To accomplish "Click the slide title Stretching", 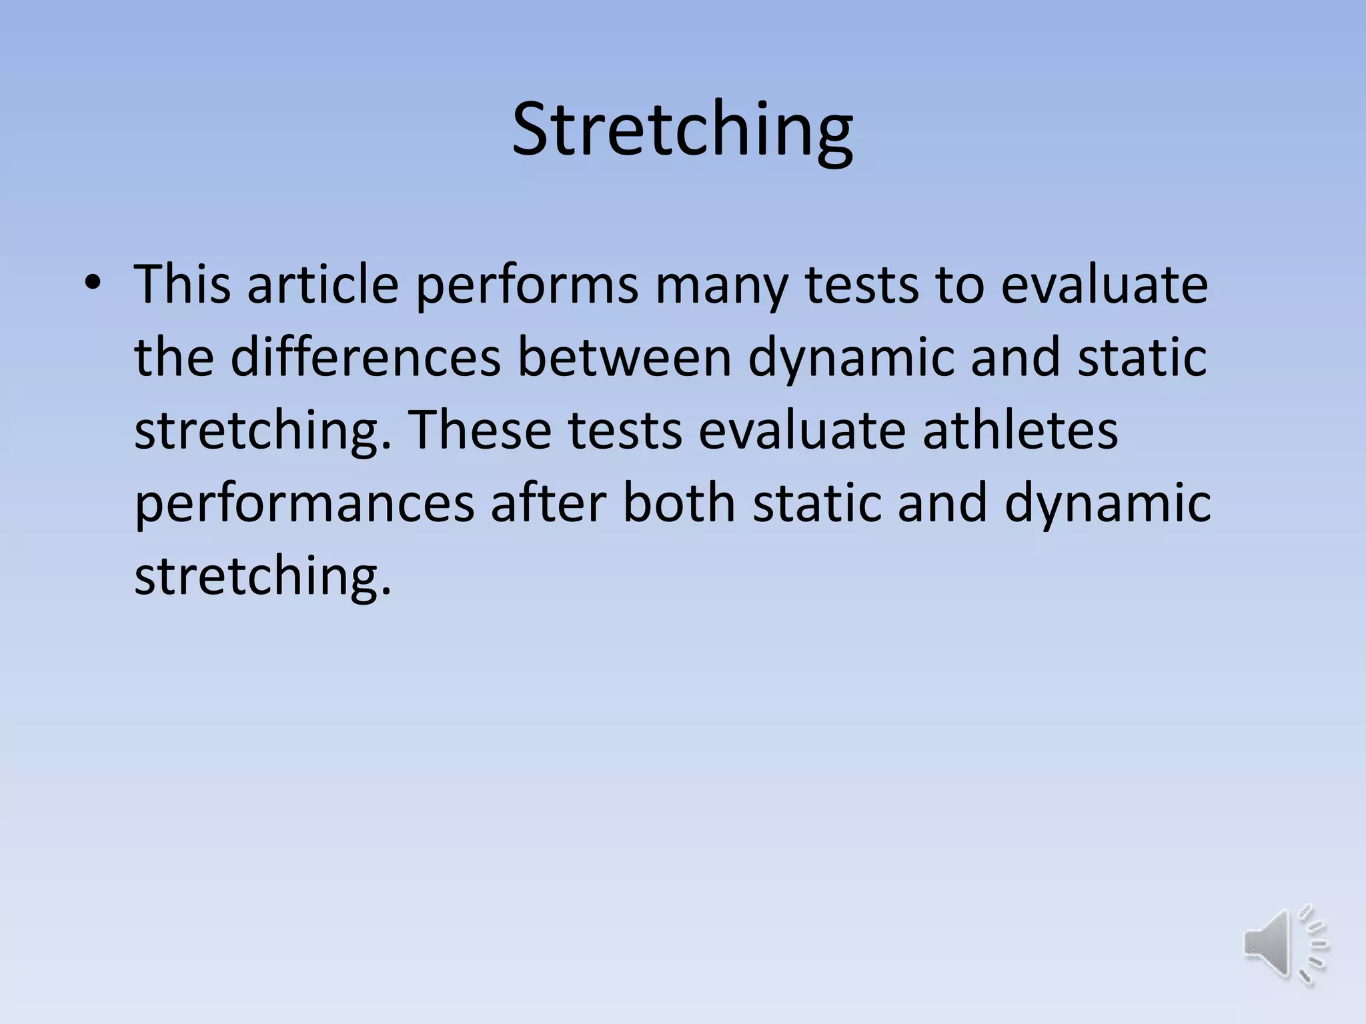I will pos(682,129).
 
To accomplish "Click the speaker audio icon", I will pos(1285,943).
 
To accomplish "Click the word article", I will pos(323,285).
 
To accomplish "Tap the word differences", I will pos(366,357).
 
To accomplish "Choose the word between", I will pos(624,357).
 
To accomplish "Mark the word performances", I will pos(304,504).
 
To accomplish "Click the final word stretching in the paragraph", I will pos(262,577).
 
